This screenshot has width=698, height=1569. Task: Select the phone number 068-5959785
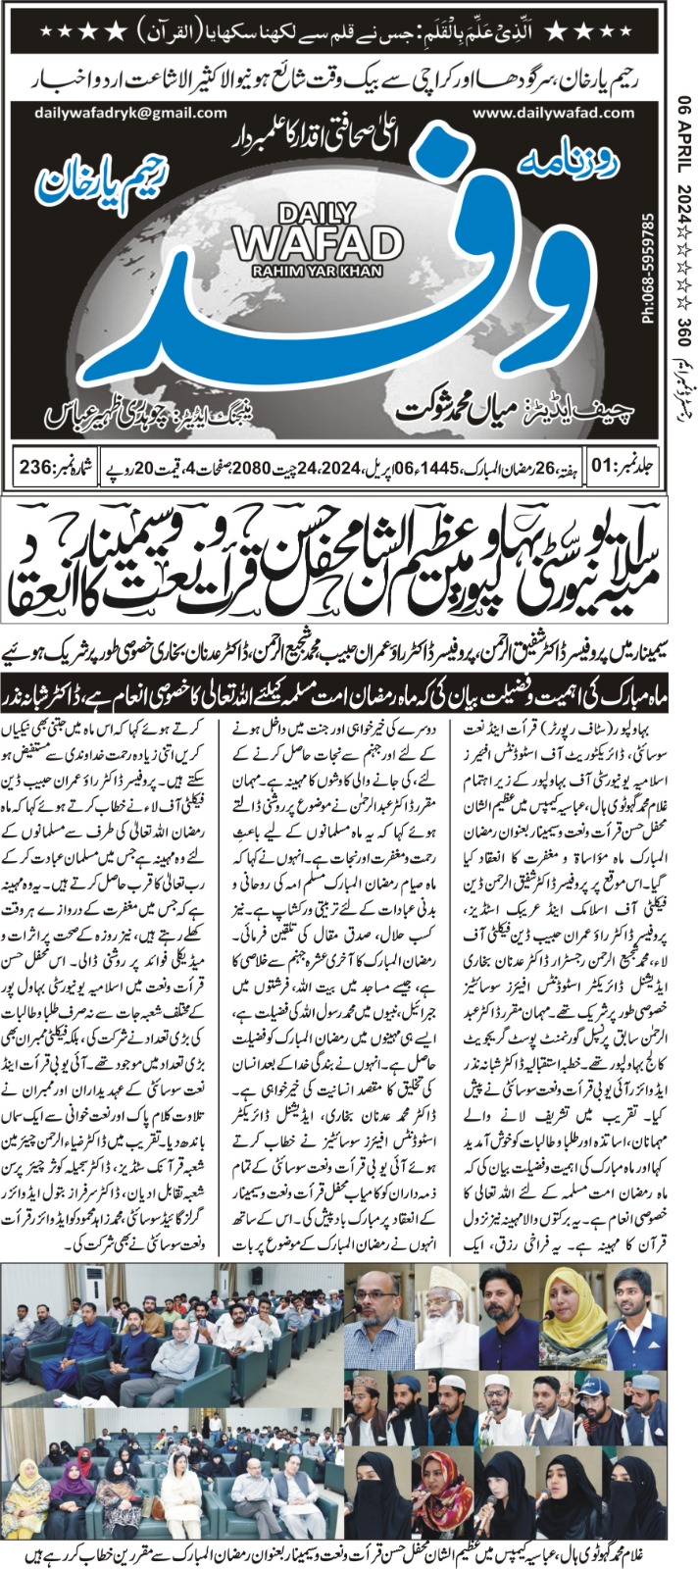[648, 266]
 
